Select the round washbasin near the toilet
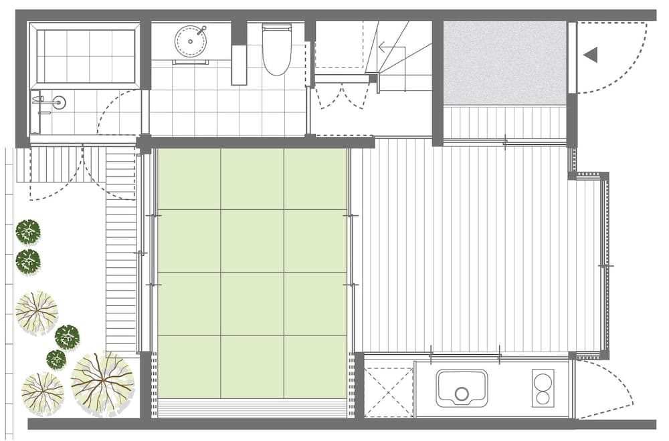pyautogui.click(x=191, y=41)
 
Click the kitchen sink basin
pyautogui.click(x=462, y=388)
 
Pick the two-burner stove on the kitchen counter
pyautogui.click(x=543, y=388)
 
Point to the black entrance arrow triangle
pyautogui.click(x=591, y=55)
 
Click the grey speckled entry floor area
pyautogui.click(x=504, y=62)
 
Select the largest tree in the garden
pyautogui.click(x=102, y=382)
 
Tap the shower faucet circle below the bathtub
pyautogui.click(x=59, y=102)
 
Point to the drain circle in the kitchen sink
pyautogui.click(x=462, y=394)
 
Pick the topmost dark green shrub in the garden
pyautogui.click(x=28, y=232)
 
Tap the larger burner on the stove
pyautogui.click(x=543, y=382)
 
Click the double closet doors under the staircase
pyautogui.click(x=342, y=96)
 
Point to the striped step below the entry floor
pyautogui.click(x=505, y=122)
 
